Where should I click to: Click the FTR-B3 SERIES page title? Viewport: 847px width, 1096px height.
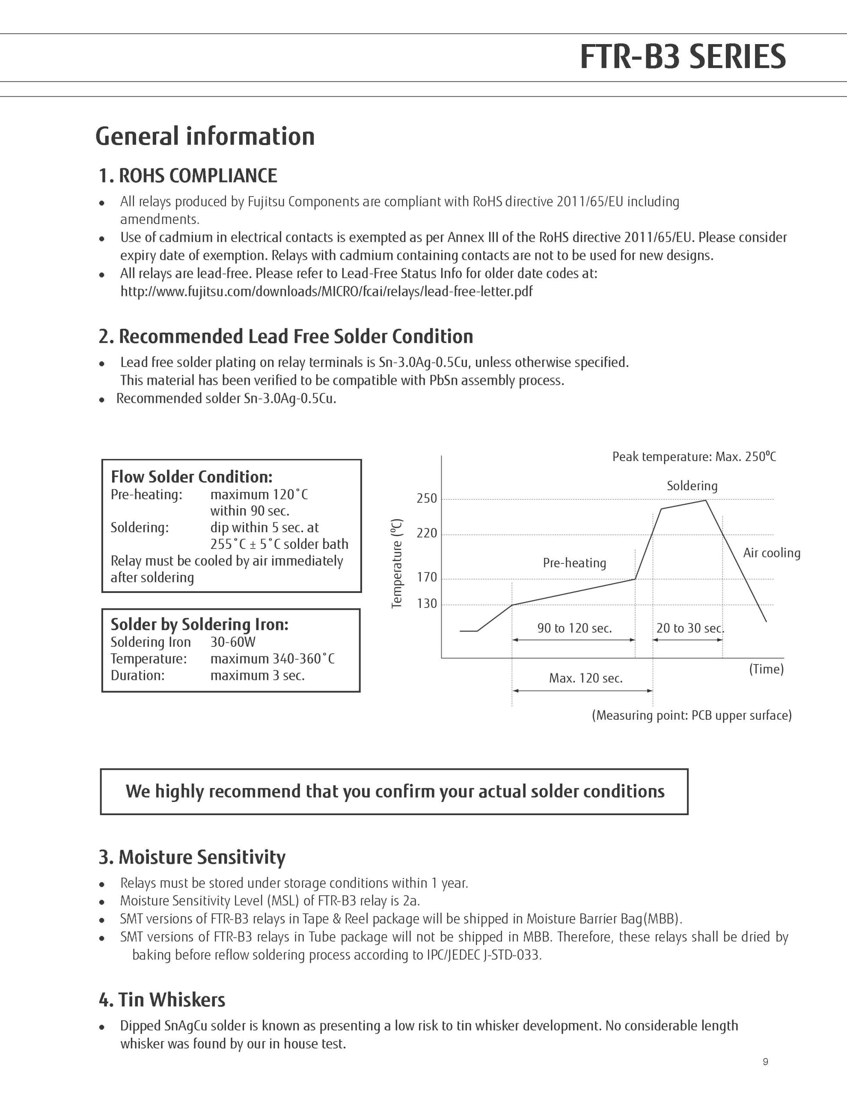(682, 57)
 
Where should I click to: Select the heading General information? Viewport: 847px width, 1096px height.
(205, 137)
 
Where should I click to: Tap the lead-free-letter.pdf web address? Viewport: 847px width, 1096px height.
(326, 292)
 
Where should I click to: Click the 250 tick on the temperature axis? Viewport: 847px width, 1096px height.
(427, 498)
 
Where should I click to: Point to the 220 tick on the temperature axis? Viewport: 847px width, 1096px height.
(427, 533)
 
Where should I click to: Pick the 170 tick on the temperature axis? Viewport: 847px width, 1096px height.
(427, 578)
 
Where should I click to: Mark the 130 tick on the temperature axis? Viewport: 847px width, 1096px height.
(427, 604)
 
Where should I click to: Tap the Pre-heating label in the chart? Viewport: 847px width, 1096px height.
(574, 563)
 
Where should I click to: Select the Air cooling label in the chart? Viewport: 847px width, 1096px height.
(771, 553)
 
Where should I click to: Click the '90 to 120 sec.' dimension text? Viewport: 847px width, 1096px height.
(574, 628)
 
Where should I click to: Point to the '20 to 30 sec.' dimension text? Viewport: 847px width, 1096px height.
(690, 628)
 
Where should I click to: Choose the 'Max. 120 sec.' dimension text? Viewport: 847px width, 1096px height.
(585, 679)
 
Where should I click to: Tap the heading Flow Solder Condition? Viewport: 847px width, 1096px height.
(192, 477)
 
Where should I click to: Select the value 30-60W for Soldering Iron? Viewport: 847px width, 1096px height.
(233, 642)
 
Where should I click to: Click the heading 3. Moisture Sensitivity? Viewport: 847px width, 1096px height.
(192, 857)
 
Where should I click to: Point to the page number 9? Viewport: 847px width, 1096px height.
(765, 1062)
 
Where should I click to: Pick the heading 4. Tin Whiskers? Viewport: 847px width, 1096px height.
(162, 1000)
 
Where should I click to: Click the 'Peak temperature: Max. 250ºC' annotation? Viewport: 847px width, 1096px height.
(694, 457)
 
